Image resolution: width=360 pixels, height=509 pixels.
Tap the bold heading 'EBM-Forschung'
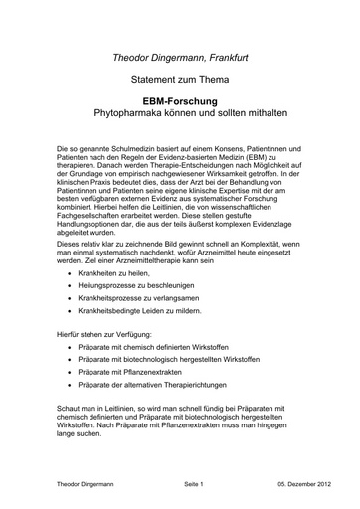click(180, 101)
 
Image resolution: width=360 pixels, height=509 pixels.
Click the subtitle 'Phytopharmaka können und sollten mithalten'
click(180, 114)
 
